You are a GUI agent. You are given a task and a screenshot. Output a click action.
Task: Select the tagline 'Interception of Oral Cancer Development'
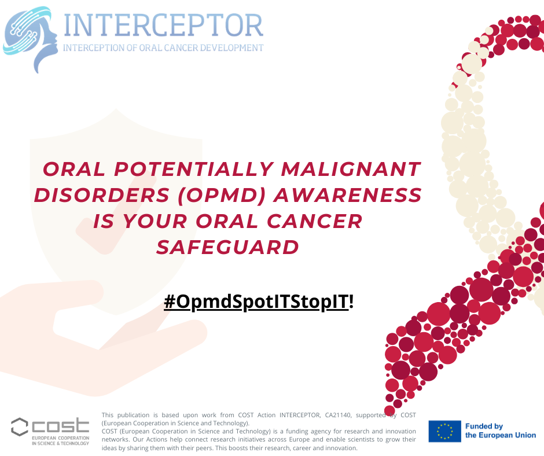click(x=163, y=48)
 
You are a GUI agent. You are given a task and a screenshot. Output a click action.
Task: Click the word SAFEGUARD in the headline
click(x=228, y=247)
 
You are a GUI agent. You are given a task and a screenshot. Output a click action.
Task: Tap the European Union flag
click(x=444, y=431)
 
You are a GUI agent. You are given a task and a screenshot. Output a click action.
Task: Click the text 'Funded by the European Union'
click(x=501, y=431)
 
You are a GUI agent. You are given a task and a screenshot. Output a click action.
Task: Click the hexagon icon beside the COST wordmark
click(x=19, y=428)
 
